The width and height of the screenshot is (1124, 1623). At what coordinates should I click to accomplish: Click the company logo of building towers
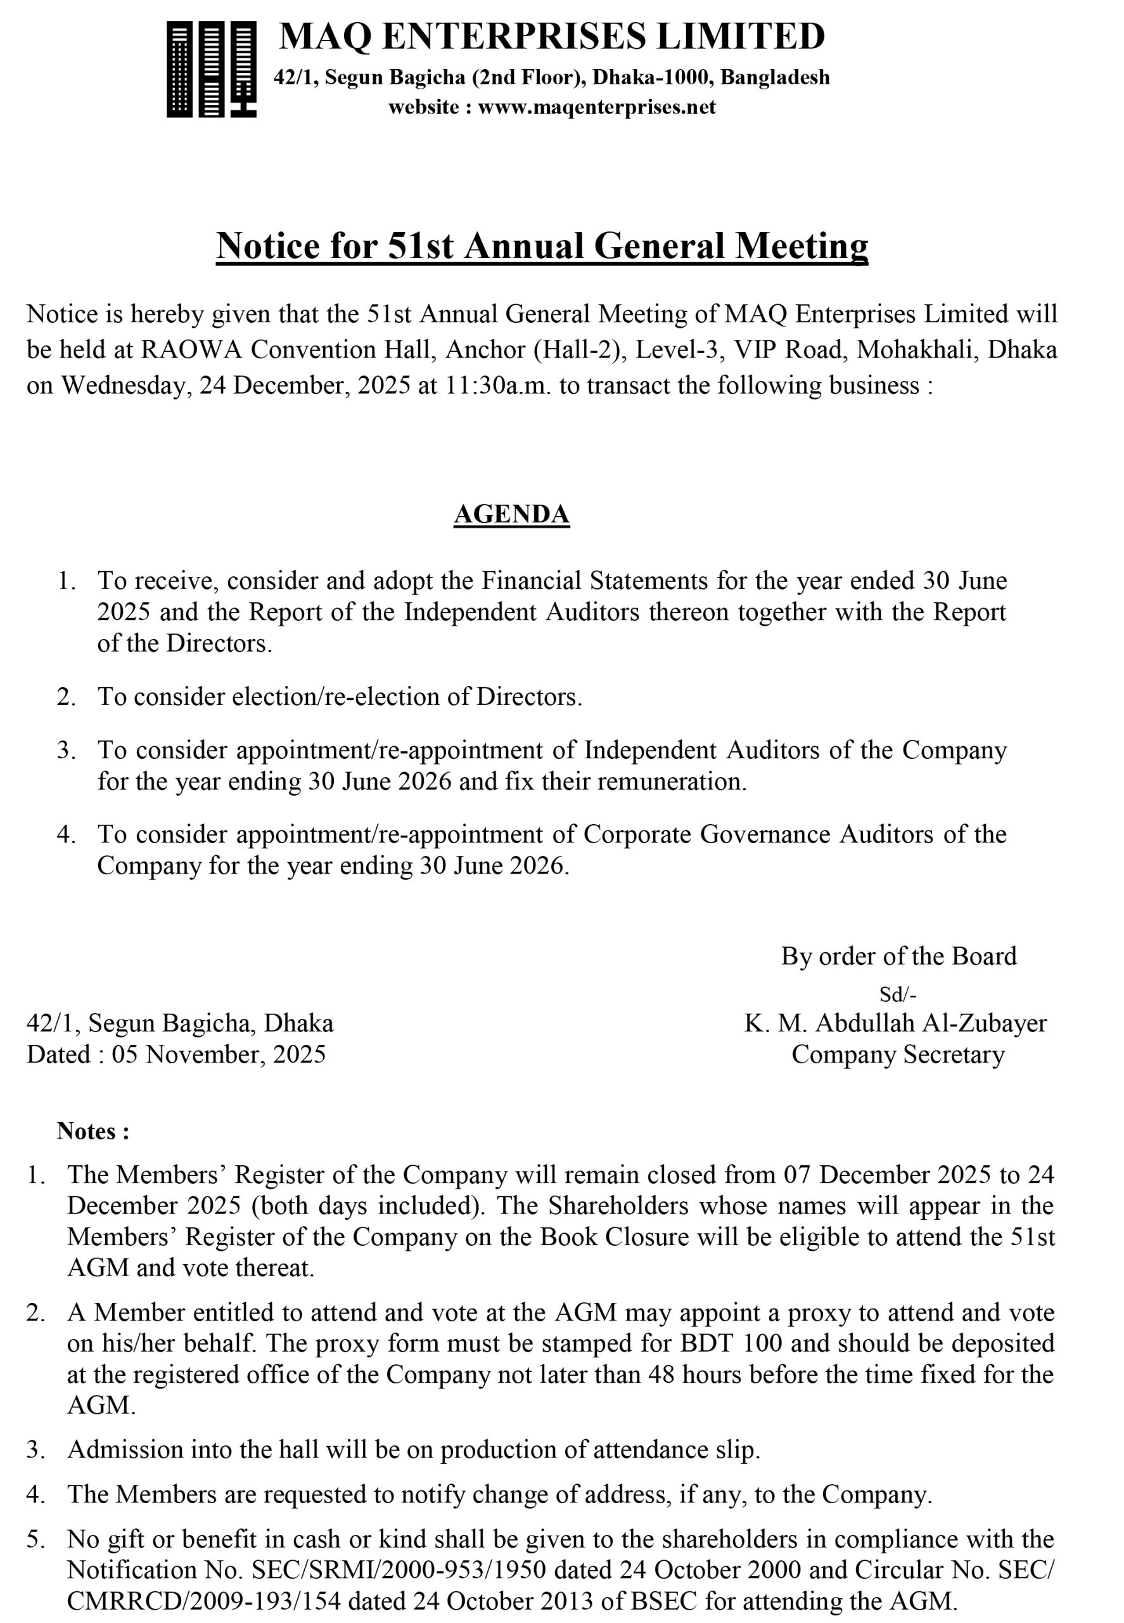211,68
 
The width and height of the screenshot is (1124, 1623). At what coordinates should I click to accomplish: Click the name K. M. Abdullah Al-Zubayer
895,1023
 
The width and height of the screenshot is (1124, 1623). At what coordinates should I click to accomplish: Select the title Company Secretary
897,1054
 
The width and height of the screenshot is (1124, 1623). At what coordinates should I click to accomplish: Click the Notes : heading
93,1130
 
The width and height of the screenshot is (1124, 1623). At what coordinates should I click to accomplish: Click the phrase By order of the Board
898,956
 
